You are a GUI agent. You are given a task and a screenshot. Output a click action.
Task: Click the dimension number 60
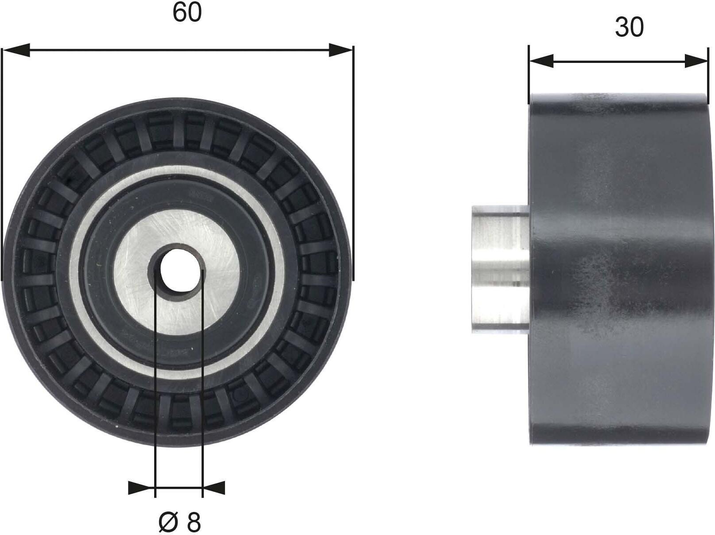click(x=187, y=13)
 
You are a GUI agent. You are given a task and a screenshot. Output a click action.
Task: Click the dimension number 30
click(x=630, y=27)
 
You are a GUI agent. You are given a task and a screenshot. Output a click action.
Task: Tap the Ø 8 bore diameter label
click(x=179, y=522)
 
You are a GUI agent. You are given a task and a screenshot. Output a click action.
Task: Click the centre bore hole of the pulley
click(x=178, y=270)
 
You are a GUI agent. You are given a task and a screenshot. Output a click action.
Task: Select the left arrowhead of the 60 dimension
click(x=16, y=50)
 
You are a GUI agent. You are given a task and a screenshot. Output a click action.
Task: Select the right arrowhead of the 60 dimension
click(x=341, y=50)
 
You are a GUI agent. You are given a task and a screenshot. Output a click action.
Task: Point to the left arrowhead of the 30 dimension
click(x=541, y=61)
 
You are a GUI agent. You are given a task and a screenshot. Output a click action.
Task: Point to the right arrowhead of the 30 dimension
click(x=696, y=61)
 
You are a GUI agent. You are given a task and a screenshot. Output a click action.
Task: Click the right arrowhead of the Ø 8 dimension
click(x=214, y=488)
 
